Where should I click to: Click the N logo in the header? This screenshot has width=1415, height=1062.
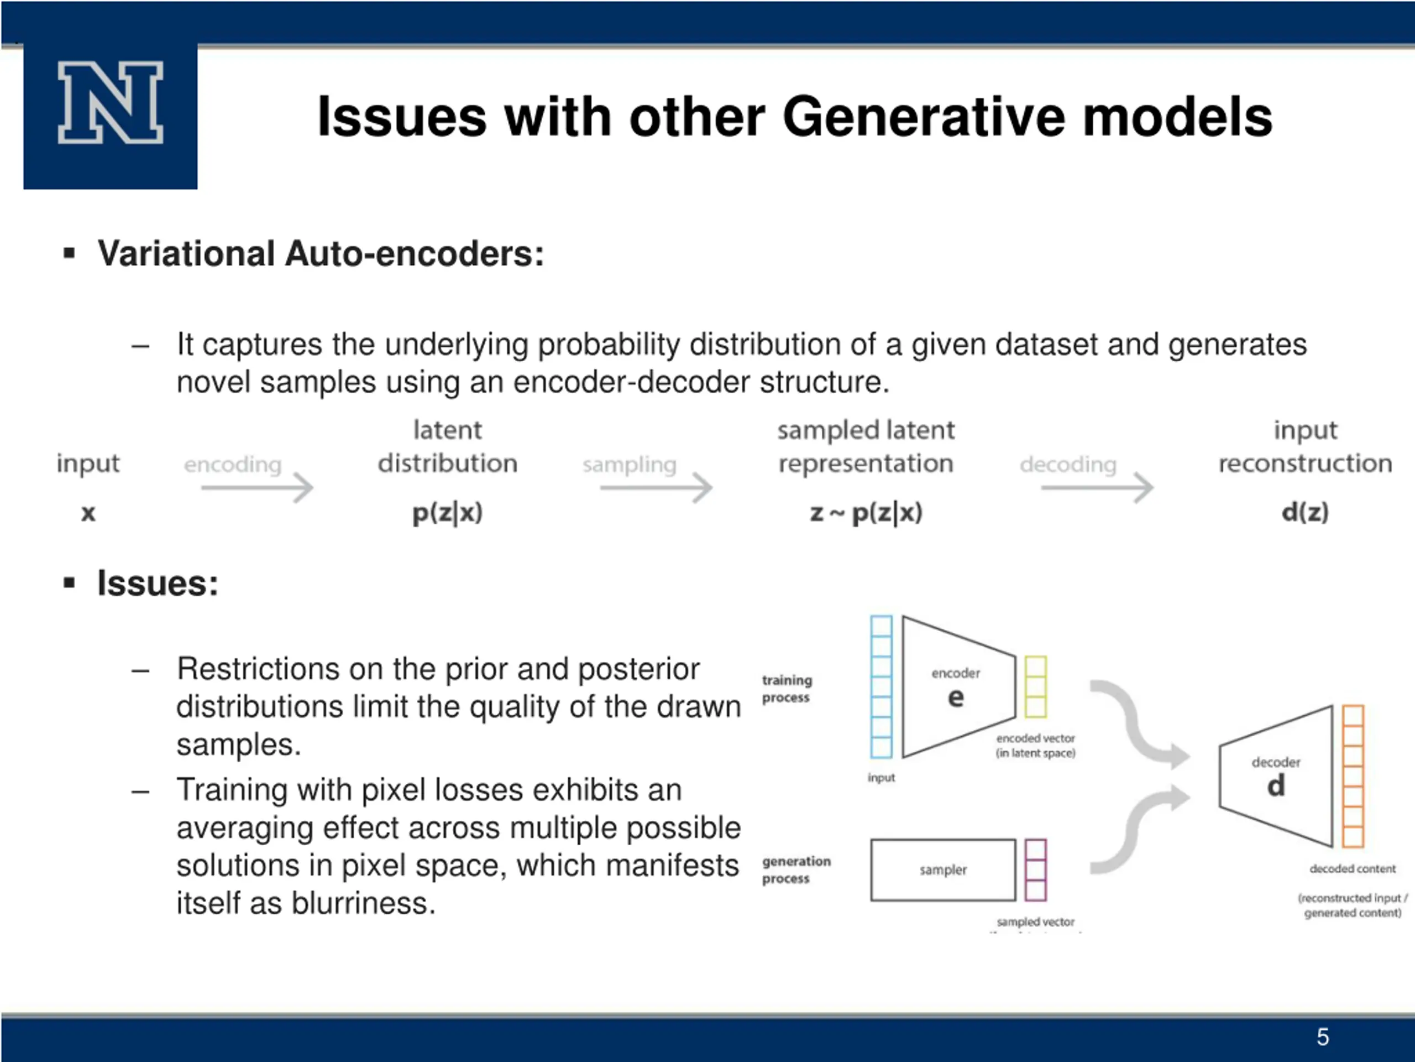(x=111, y=102)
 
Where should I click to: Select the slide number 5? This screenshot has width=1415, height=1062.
(x=1323, y=1037)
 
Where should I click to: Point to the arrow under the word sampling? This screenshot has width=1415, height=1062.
(x=656, y=488)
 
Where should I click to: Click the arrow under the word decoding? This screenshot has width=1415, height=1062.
(x=1097, y=488)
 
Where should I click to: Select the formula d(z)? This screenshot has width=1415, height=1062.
(x=1305, y=512)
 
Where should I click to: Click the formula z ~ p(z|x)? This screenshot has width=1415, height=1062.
(x=866, y=513)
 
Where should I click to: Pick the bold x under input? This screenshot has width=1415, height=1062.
(x=88, y=513)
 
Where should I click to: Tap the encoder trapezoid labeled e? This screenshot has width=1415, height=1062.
(x=958, y=687)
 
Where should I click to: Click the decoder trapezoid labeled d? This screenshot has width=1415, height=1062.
(x=1276, y=776)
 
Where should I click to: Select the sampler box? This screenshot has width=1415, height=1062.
(x=943, y=870)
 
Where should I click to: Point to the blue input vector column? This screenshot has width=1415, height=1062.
(x=881, y=687)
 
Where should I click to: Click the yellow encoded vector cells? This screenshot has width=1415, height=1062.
(x=1036, y=687)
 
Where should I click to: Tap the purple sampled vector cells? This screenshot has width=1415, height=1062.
(x=1036, y=870)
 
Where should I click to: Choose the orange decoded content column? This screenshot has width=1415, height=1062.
(x=1353, y=776)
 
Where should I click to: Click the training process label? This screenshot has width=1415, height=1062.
(x=787, y=688)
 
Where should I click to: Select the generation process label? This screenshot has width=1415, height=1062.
(x=796, y=870)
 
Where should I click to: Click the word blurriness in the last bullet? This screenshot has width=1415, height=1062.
(x=363, y=903)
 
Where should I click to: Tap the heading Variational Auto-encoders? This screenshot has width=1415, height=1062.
(x=321, y=253)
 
